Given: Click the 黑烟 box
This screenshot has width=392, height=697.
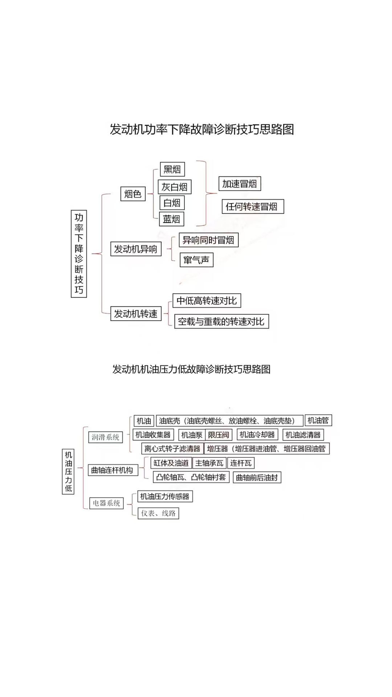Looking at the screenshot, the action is tap(172, 169).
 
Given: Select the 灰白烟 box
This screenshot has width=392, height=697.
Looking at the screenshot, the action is tap(174, 187).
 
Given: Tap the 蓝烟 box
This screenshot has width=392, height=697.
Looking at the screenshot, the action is tap(171, 219).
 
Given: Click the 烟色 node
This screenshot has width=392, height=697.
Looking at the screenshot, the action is tap(133, 194).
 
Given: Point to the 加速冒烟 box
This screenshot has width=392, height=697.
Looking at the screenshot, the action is tap(240, 184).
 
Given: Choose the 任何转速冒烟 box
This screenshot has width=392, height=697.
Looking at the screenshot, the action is tap(253, 207).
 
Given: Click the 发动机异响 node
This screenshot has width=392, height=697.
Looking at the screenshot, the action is tap(136, 249).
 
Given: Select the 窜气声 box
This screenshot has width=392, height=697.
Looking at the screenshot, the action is tap(196, 260).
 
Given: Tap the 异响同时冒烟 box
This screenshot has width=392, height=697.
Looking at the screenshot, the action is tap(208, 240).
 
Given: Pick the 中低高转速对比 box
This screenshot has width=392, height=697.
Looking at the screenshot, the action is tap(207, 301).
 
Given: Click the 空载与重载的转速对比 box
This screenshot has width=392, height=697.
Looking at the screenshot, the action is tap(221, 321).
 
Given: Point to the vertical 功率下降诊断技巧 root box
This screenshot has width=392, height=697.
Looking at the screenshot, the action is tap(79, 253).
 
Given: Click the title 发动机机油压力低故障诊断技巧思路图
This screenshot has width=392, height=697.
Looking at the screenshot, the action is tap(191, 369).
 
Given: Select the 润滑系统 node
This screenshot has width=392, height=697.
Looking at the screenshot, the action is tap(105, 437).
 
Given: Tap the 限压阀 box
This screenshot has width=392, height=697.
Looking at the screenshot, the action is tap(219, 435).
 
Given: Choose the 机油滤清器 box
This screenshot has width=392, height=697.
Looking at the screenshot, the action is tap(303, 435).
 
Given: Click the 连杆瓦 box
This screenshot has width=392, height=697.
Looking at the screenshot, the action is tap(241, 463).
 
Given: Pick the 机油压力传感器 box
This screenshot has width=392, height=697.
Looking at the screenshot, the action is tap(165, 496).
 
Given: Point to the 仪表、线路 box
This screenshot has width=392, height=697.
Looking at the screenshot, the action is tap(158, 513).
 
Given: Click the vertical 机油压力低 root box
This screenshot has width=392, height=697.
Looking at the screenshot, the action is tap(68, 472).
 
